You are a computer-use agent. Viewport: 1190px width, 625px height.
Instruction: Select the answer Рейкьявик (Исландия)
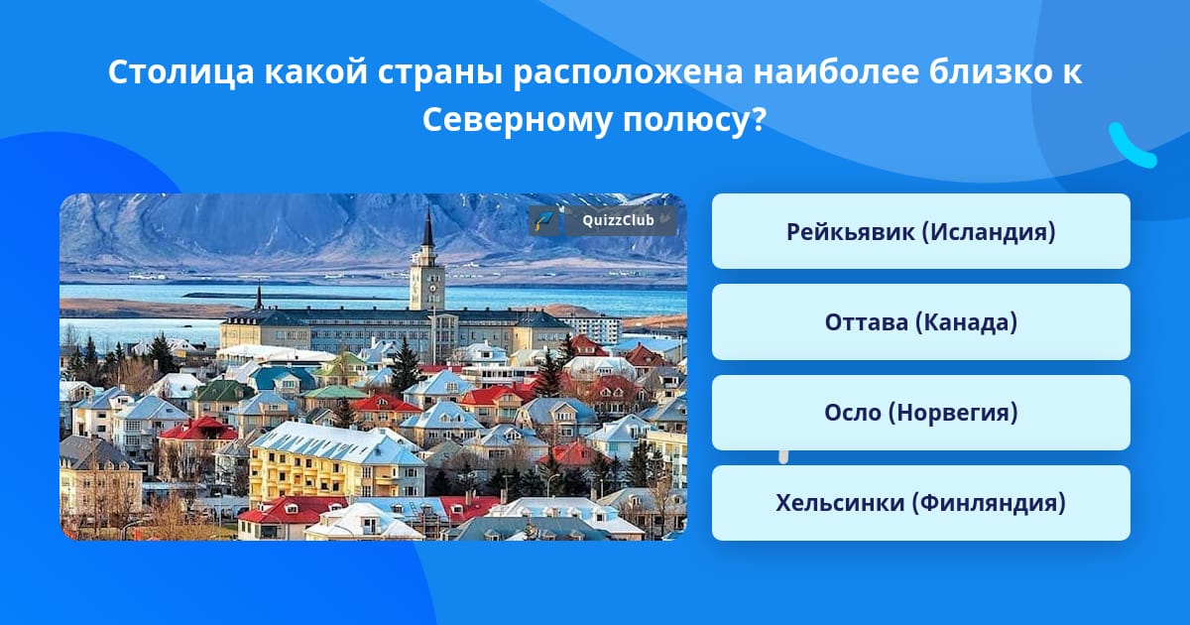coord(920,231)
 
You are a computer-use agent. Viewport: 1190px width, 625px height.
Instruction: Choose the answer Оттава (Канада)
coord(920,322)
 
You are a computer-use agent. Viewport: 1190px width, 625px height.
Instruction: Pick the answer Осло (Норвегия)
coord(920,413)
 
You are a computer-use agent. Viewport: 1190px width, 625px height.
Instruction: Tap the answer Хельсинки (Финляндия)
coord(920,503)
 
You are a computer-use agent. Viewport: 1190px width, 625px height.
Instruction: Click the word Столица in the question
coord(181,72)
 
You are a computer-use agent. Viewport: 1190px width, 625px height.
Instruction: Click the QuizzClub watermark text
coord(618,220)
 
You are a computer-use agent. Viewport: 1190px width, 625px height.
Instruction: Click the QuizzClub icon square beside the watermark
coord(544,221)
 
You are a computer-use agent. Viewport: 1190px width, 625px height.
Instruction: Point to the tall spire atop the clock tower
coord(427,226)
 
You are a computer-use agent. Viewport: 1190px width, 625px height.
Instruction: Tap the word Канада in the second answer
coord(965,322)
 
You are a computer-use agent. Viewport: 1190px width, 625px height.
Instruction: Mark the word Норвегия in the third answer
coord(953,413)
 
